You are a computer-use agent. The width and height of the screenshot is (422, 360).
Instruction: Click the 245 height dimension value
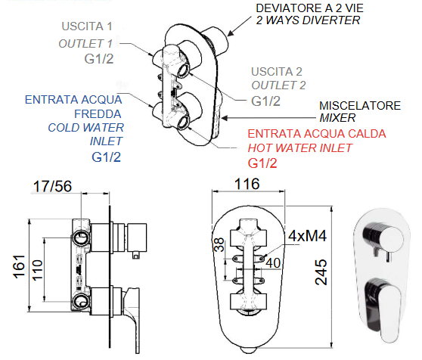321,272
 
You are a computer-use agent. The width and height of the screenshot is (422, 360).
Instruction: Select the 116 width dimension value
247,184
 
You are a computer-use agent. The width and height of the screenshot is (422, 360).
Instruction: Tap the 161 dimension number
19,266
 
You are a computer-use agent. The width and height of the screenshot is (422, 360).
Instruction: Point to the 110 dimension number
37,270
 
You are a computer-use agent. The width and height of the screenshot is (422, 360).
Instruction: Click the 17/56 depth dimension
52,186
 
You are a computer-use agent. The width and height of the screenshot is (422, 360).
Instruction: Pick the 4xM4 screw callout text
307,236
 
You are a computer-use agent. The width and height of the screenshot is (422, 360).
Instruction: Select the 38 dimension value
219,244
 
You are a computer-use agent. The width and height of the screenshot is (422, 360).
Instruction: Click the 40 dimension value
273,263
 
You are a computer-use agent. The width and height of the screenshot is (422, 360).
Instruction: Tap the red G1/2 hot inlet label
262,163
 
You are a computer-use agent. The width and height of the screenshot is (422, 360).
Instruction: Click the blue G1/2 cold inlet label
106,157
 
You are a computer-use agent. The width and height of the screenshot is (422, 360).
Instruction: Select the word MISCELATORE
360,106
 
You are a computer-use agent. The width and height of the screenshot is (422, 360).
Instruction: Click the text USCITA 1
87,26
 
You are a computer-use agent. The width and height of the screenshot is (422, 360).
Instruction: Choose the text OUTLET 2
278,85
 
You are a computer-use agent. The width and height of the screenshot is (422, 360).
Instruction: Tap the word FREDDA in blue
98,113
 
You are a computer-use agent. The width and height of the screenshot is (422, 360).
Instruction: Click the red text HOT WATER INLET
299,148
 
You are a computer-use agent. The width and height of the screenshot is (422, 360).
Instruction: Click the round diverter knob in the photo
383,238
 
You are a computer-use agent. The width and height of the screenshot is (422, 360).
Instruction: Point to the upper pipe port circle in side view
81,237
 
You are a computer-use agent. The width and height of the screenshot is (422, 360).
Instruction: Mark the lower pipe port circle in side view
81,301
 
